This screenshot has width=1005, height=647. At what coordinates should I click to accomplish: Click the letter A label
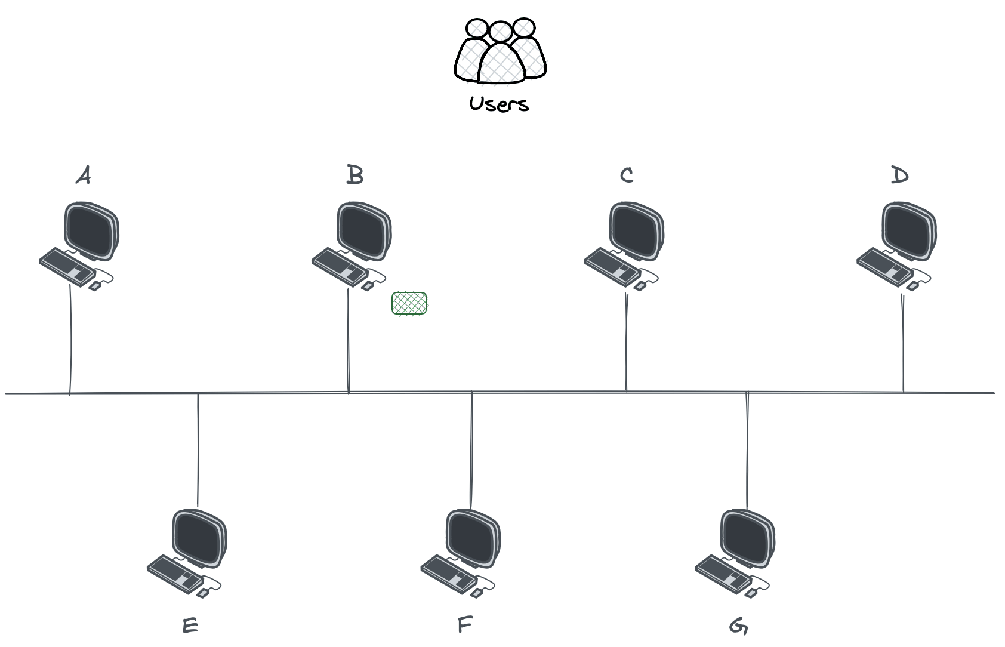[84, 176]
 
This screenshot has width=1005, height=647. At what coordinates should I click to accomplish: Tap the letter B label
[355, 175]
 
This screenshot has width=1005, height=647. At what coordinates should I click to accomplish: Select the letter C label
[627, 175]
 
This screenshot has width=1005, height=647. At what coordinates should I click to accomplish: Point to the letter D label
[899, 175]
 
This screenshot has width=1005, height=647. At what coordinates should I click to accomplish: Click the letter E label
[190, 626]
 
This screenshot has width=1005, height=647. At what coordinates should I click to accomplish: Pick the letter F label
[465, 626]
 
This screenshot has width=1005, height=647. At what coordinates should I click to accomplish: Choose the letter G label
[739, 626]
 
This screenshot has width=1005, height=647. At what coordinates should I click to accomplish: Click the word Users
[499, 104]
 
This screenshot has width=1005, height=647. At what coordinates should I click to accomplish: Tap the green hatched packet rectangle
[409, 303]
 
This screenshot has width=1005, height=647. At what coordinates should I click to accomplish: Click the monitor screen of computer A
[91, 230]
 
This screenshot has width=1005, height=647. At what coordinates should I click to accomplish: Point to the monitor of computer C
[636, 230]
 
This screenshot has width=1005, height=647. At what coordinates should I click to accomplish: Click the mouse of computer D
[912, 286]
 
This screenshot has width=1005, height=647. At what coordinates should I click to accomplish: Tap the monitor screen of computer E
[199, 537]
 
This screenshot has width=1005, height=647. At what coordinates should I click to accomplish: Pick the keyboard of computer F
[449, 574]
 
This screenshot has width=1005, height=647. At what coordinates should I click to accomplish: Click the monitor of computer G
[747, 537]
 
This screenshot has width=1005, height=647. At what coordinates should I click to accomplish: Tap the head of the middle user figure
[500, 32]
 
